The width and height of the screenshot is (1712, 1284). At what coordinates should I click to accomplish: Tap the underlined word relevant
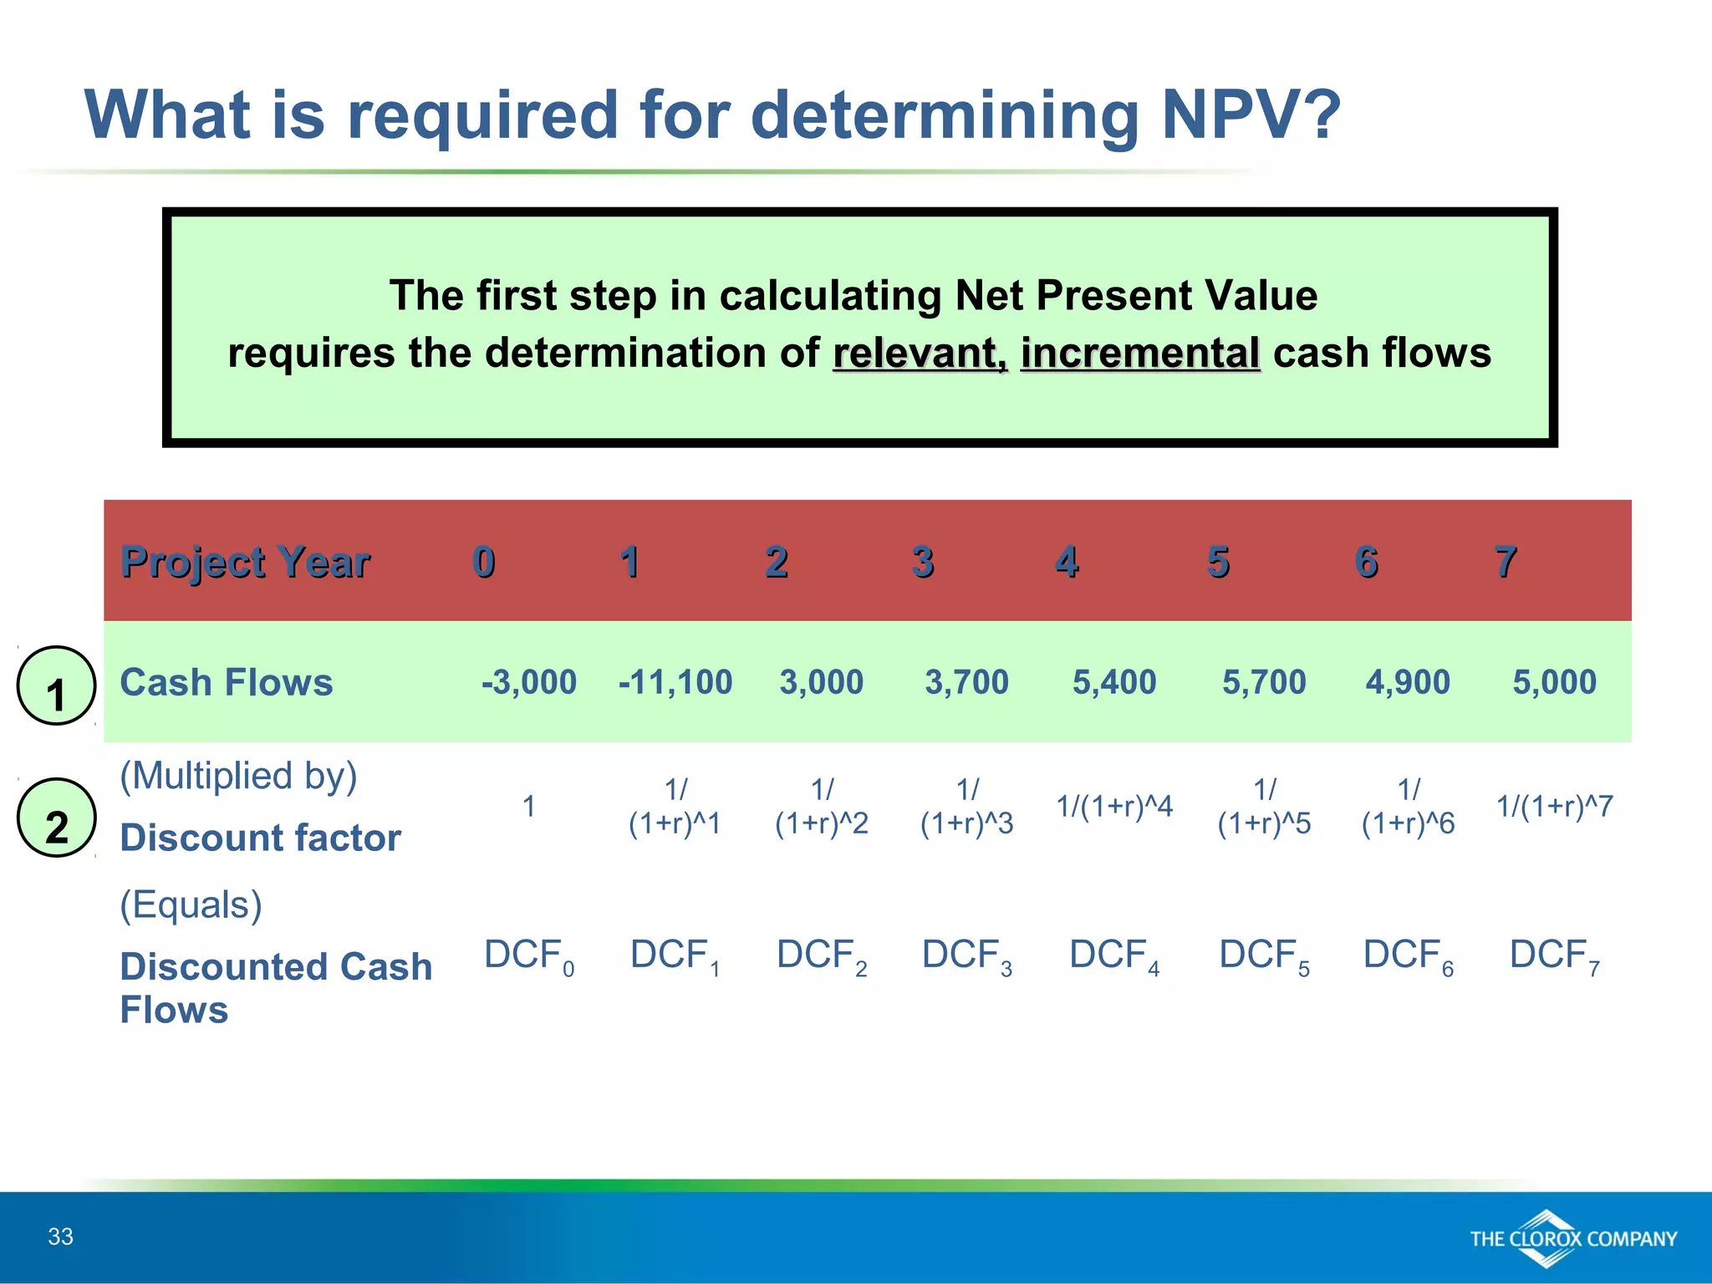tap(920, 353)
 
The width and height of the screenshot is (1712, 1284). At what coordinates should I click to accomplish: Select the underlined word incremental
tap(1139, 353)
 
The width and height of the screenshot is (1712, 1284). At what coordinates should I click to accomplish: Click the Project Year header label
tap(245, 562)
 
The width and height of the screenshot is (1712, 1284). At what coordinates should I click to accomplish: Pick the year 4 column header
tap(1067, 562)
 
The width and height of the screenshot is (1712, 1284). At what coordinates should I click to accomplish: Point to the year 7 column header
tap(1505, 562)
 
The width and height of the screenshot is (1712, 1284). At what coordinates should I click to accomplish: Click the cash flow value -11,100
tap(675, 682)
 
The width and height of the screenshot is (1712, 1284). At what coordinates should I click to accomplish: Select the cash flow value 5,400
tap(1114, 682)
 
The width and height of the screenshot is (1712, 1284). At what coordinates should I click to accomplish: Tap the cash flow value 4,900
tap(1408, 682)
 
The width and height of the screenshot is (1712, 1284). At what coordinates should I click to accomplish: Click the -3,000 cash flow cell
tap(529, 682)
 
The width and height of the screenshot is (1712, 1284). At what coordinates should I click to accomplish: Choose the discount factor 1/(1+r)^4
tap(1114, 807)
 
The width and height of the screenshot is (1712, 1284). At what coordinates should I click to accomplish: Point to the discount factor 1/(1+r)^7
tap(1554, 807)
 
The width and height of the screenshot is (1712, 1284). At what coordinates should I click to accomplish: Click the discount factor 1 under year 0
tap(528, 807)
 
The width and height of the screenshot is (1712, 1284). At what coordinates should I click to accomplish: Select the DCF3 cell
tap(967, 955)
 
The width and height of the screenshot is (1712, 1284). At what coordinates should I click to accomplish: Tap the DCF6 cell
tap(1408, 955)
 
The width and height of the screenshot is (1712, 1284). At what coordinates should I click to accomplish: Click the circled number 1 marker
tap(56, 686)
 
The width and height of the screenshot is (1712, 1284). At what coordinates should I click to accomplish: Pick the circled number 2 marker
tap(56, 818)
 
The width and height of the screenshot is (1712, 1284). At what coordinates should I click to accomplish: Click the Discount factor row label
tap(260, 838)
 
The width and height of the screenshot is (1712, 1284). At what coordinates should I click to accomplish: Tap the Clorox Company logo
tap(1572, 1238)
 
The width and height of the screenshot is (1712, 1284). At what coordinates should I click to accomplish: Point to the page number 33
tap(60, 1236)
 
